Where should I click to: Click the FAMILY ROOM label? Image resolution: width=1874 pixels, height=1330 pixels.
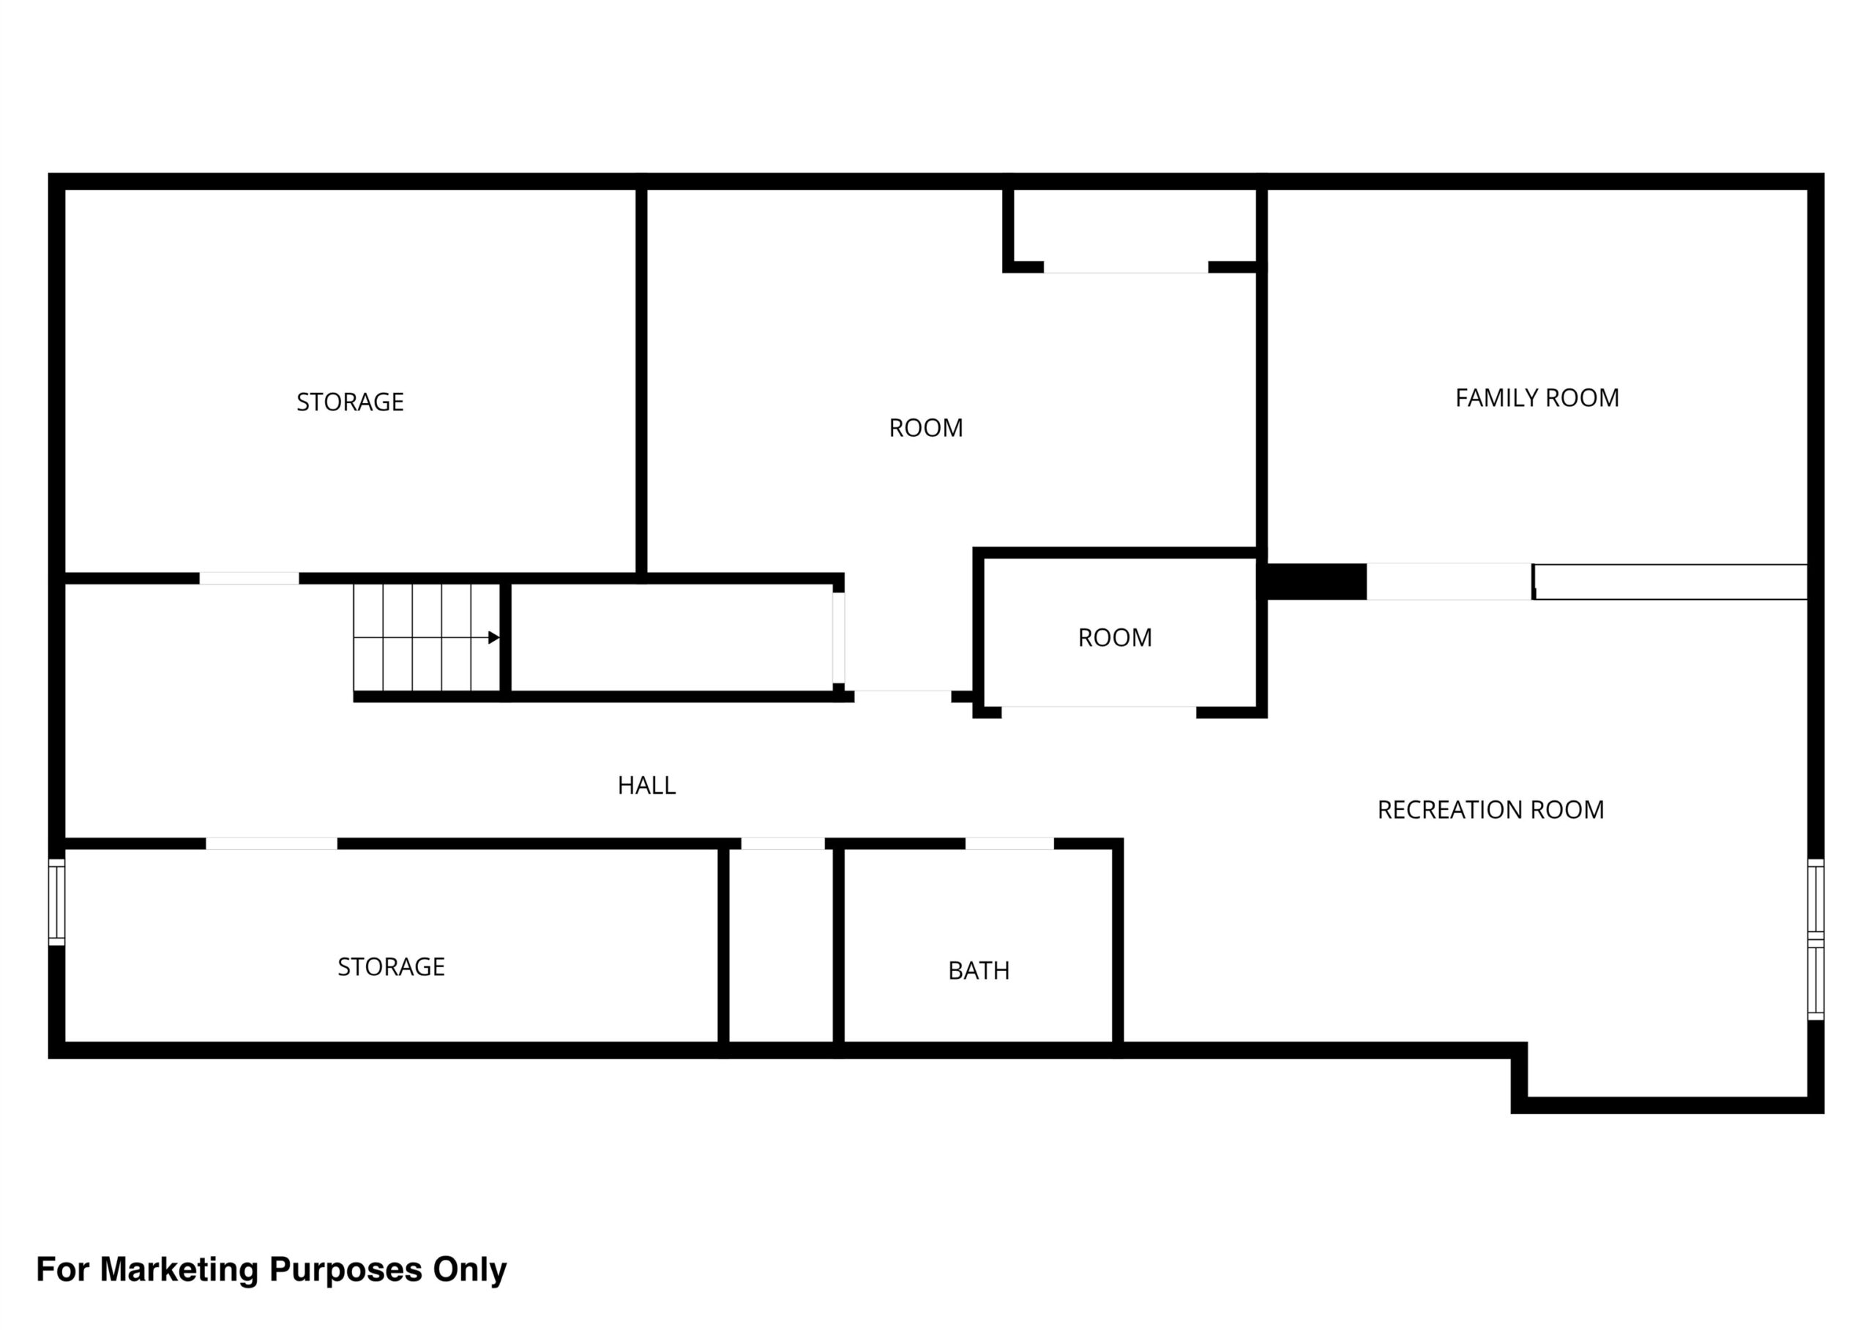point(1537,398)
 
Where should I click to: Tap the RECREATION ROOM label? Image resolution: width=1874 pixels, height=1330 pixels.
point(1490,810)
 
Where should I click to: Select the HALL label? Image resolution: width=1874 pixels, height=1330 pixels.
point(646,786)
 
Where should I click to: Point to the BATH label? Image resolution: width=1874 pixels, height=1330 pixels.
point(979,971)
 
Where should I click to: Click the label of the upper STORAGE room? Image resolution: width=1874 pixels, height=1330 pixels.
point(350,402)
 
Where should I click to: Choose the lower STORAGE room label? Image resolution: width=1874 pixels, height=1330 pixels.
point(391,967)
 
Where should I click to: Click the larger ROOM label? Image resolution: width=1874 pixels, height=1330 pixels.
point(926,427)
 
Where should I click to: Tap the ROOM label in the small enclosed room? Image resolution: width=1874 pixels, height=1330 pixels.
point(1114,638)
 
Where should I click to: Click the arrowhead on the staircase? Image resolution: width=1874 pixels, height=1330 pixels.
point(494,637)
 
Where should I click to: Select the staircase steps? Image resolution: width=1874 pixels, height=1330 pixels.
point(427,637)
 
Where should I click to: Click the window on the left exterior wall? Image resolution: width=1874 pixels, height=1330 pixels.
point(56,901)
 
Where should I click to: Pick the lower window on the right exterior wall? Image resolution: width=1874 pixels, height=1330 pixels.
point(1816,981)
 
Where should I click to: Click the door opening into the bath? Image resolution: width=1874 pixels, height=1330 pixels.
point(1009,844)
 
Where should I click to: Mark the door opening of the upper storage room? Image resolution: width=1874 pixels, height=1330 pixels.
point(249,578)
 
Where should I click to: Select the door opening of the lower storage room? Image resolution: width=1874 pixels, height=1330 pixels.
point(272,844)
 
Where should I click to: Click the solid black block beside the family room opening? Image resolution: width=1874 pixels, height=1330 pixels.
point(1317,582)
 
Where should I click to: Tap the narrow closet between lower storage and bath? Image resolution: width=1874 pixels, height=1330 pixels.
point(781,946)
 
